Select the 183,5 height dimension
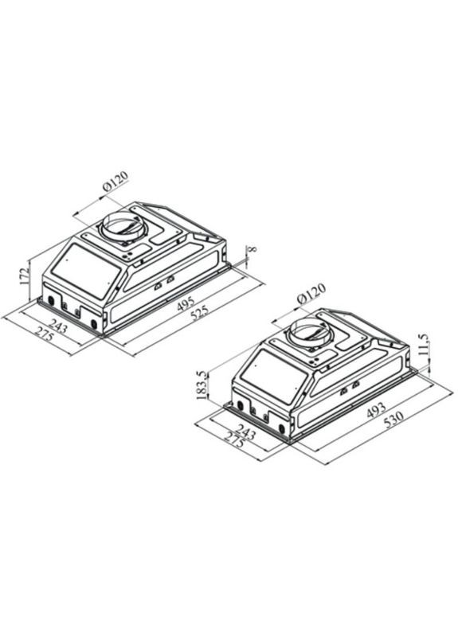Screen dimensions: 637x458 pyautogui.click(x=203, y=385)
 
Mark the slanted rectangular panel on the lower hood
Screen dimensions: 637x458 pyautogui.click(x=271, y=379)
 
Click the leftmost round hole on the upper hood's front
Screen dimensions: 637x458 pyautogui.click(x=52, y=301)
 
